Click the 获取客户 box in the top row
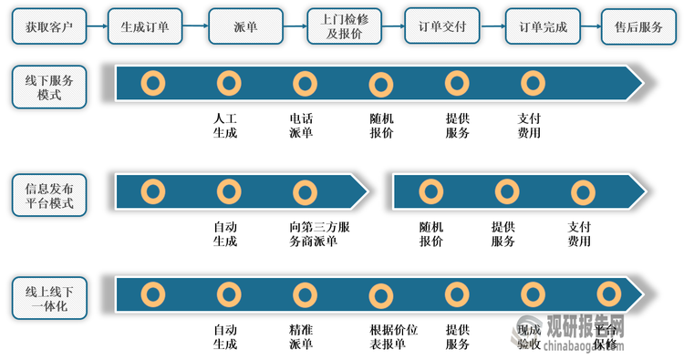click(x=49, y=26)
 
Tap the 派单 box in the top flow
click(x=245, y=26)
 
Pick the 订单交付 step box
click(x=442, y=26)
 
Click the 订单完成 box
click(x=542, y=26)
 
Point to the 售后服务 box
click(x=638, y=26)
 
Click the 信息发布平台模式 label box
click(x=49, y=195)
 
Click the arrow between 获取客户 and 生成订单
click(x=97, y=26)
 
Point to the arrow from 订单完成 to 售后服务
click(x=591, y=26)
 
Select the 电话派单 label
click(x=301, y=126)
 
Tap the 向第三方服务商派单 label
click(x=313, y=234)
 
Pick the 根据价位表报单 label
click(x=393, y=337)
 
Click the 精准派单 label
click(x=301, y=337)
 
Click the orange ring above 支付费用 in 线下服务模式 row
click(x=532, y=83)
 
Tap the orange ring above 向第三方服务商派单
click(x=305, y=192)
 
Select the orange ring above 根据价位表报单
click(x=380, y=295)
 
